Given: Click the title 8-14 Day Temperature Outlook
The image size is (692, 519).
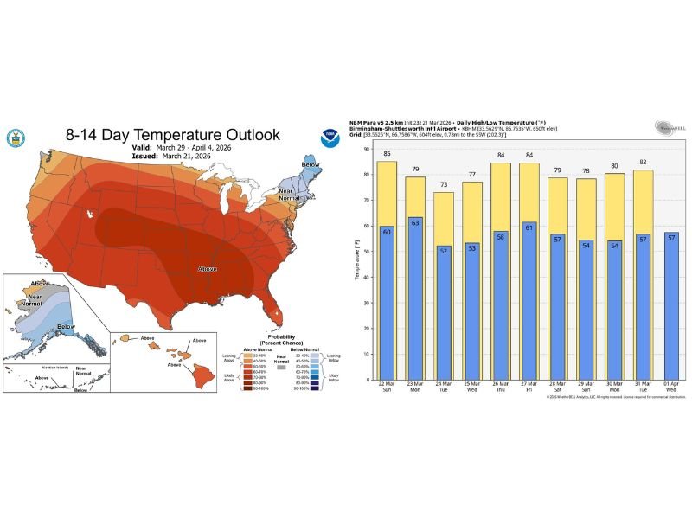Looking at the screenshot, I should (x=173, y=135).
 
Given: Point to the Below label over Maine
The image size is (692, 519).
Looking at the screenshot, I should (x=310, y=163).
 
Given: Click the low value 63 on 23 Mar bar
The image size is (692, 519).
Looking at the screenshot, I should (x=415, y=223).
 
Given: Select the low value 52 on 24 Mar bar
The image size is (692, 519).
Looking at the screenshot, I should (x=443, y=251).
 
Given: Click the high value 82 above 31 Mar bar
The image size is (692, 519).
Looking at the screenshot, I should (x=641, y=163).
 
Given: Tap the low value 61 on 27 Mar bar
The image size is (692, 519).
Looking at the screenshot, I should (x=528, y=228).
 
